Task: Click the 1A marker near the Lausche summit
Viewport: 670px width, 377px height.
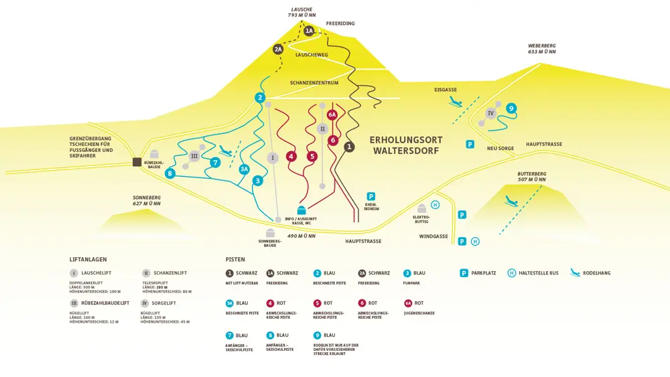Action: pos(309,31)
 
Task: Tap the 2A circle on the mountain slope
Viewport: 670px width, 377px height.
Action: pos(278,49)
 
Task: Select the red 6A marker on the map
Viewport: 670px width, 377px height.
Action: pos(332,115)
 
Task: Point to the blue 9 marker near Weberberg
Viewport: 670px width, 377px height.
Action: pos(511,108)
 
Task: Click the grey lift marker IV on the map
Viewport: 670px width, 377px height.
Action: pos(490,113)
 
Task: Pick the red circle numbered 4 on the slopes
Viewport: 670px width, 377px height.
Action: pos(291,156)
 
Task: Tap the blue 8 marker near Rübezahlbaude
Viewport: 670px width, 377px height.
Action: pos(170,173)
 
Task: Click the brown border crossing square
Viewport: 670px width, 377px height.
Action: pos(137,161)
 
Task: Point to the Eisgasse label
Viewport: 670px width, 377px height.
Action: pos(446,90)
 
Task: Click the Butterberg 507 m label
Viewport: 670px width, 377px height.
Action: pos(531,176)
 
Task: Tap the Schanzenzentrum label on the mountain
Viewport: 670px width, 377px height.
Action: pos(314,83)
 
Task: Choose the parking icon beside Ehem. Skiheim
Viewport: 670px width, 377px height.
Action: pos(371,196)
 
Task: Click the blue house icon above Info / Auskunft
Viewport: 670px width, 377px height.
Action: pos(301,210)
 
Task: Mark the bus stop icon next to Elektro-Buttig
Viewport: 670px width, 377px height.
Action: pos(435,205)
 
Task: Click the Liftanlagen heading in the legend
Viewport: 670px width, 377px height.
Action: pos(88,259)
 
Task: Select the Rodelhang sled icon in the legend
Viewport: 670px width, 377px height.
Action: pos(575,273)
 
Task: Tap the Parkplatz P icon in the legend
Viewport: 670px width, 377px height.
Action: pos(464,273)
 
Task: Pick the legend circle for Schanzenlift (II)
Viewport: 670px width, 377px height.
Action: pos(146,273)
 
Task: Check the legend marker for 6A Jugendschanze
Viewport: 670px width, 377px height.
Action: pos(407,303)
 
